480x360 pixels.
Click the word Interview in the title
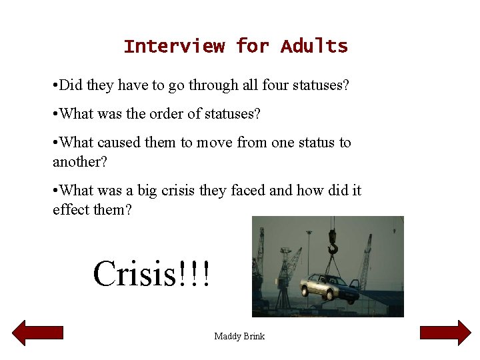[x=174, y=46]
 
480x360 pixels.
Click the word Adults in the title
[x=314, y=46]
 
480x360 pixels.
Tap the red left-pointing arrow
[x=38, y=333]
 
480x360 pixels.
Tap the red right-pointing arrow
[x=445, y=333]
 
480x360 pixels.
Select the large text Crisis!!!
[x=152, y=274]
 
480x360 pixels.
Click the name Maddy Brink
[x=239, y=336]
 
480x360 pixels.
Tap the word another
[x=79, y=161]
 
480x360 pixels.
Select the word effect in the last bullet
[x=69, y=209]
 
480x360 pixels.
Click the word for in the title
[x=253, y=46]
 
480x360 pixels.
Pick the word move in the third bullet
[x=214, y=143]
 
